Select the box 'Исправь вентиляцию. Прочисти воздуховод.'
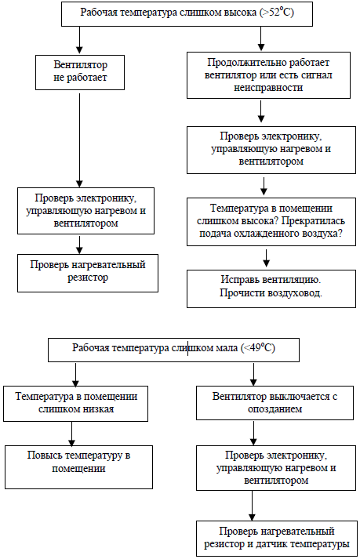tap(268, 286)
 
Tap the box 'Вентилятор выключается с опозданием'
tap(275, 403)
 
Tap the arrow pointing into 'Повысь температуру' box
tap(71, 433)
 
